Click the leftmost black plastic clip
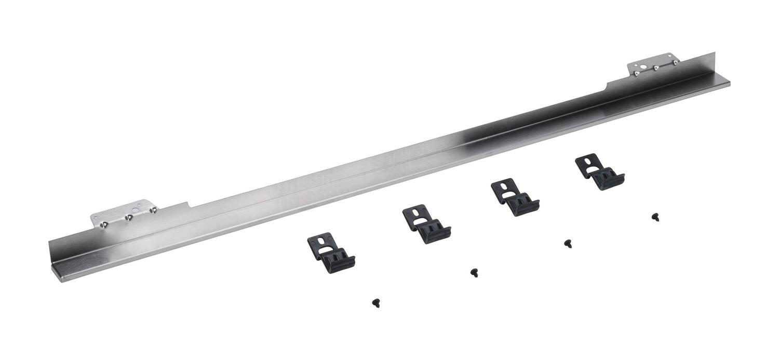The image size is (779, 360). pyautogui.click(x=331, y=253)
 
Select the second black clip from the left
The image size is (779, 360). pyautogui.click(x=426, y=224)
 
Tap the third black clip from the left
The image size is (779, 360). pyautogui.click(x=515, y=197)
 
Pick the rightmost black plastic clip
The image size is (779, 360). pyautogui.click(x=599, y=171)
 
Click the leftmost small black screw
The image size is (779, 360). pyautogui.click(x=375, y=302)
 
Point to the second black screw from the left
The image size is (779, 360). pyautogui.click(x=474, y=272)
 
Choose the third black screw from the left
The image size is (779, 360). pyautogui.click(x=568, y=243)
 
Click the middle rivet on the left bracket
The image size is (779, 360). pyautogui.click(x=129, y=217)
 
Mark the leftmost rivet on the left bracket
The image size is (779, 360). pyautogui.click(x=104, y=224)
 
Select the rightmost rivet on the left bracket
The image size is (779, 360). pyautogui.click(x=153, y=210)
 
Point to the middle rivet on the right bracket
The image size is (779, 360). pyautogui.click(x=656, y=68)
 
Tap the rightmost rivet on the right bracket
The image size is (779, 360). pyautogui.click(x=676, y=62)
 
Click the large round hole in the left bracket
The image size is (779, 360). pyautogui.click(x=135, y=210)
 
